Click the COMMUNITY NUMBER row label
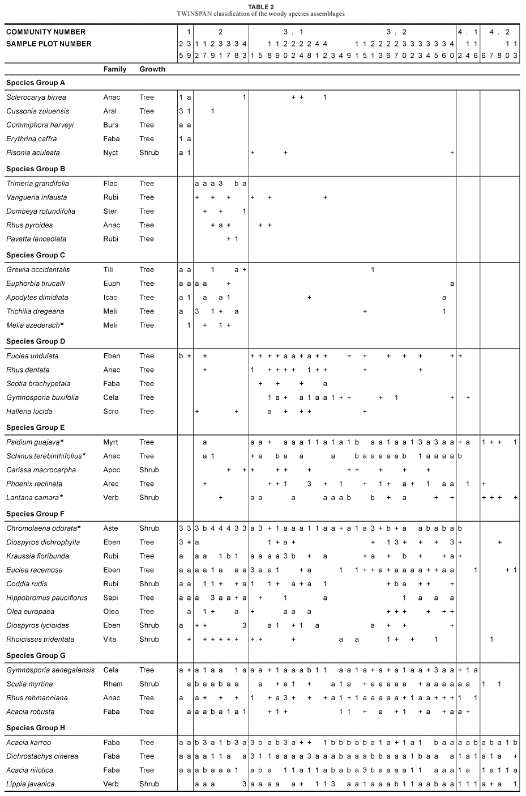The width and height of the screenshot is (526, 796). tap(46, 32)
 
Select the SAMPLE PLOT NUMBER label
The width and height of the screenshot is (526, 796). tap(49, 44)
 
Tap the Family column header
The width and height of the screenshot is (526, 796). tap(115, 69)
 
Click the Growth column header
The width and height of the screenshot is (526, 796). tap(152, 69)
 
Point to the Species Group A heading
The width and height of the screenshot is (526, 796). tap(36, 83)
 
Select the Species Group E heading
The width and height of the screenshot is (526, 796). tap(36, 427)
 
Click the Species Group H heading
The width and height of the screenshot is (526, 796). tap(36, 728)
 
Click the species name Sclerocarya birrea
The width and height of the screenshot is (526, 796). tap(36, 98)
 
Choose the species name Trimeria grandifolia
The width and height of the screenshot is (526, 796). tap(38, 184)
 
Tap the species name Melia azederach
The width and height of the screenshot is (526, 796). tap(33, 325)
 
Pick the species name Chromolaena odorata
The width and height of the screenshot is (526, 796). tap(41, 528)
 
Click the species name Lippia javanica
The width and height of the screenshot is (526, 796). tap(31, 784)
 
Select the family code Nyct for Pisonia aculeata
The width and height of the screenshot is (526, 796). tap(112, 153)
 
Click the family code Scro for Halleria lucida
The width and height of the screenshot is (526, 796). tap(111, 412)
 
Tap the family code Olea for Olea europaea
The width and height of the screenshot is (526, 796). tap(111, 612)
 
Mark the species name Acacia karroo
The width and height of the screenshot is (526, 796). tap(29, 743)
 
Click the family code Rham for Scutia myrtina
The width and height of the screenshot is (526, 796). tap(112, 684)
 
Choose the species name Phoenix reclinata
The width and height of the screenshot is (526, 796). tap(35, 484)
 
